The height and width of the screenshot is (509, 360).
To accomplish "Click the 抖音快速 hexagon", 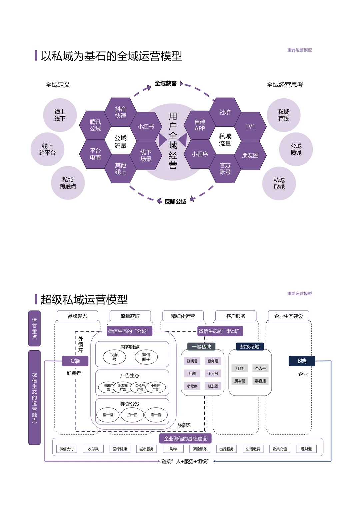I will click(121, 112).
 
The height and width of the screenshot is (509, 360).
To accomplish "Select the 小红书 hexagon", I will click(146, 127).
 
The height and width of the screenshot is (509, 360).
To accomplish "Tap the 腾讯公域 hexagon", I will click(95, 125).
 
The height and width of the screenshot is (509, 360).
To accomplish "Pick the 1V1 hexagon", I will click(250, 127).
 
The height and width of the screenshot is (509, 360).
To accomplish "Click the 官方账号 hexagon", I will click(225, 169).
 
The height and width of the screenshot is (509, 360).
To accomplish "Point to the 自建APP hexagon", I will click(200, 125).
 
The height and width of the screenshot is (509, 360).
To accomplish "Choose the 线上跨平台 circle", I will click(47, 149).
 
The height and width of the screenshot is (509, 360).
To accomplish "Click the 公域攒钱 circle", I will click(296, 149).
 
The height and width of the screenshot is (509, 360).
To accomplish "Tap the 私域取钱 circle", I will click(279, 184).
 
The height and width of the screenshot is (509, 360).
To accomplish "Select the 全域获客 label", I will click(166, 84).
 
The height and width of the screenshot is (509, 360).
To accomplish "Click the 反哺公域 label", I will click(175, 202).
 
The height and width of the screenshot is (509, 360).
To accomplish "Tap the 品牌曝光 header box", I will click(77, 316).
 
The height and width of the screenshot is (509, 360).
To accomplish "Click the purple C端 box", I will click(75, 361).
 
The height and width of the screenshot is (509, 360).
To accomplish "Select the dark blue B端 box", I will click(302, 361).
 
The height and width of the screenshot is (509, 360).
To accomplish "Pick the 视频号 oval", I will click(114, 357).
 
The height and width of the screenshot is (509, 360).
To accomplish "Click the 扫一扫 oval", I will click(132, 415).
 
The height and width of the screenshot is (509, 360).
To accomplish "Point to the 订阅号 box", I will click(192, 361).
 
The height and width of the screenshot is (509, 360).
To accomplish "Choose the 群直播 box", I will click(260, 381).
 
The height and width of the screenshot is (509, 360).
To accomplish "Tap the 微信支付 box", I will click(67, 449).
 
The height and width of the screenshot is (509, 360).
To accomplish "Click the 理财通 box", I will click(306, 449).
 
